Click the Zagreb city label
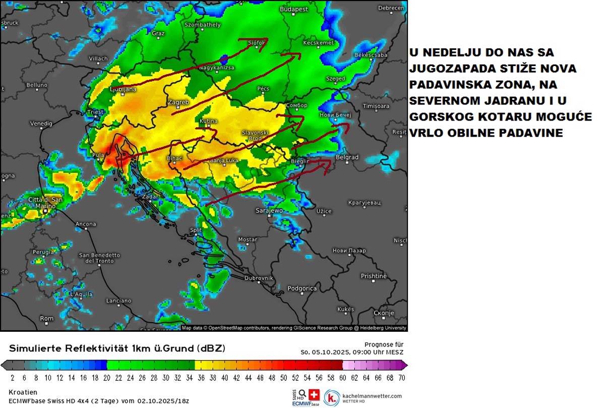[x=178, y=103]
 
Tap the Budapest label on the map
[x=294, y=9]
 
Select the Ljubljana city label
[x=123, y=89]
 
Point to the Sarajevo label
[x=270, y=210]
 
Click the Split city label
[x=196, y=230]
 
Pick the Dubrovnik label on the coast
[x=259, y=278]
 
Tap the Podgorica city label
[x=301, y=288]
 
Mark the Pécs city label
[x=263, y=89]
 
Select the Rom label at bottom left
[x=46, y=318]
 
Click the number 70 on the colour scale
[x=401, y=377]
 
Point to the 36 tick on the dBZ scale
[x=200, y=377]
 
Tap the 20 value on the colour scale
[x=106, y=377]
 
